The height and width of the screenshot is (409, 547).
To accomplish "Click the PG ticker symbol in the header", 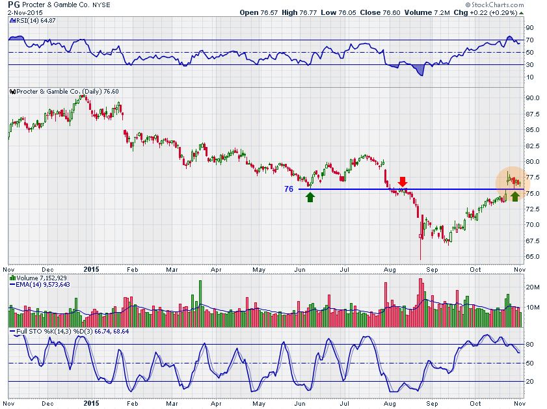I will pyautogui.click(x=14, y=5).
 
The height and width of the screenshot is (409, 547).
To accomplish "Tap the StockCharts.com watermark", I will pyautogui.click(x=509, y=5).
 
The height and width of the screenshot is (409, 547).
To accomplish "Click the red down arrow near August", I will pyautogui.click(x=403, y=181).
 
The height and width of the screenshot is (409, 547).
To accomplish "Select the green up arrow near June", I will pyautogui.click(x=310, y=196).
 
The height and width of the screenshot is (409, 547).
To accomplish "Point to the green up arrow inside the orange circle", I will pyautogui.click(x=515, y=196).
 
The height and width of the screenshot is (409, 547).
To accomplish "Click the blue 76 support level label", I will pyautogui.click(x=289, y=189).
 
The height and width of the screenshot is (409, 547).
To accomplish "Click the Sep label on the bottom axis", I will pyautogui.click(x=433, y=269).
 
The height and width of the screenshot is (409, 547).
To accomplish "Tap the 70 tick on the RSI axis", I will pyautogui.click(x=529, y=40).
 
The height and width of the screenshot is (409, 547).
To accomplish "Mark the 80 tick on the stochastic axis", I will pyautogui.click(x=529, y=344).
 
